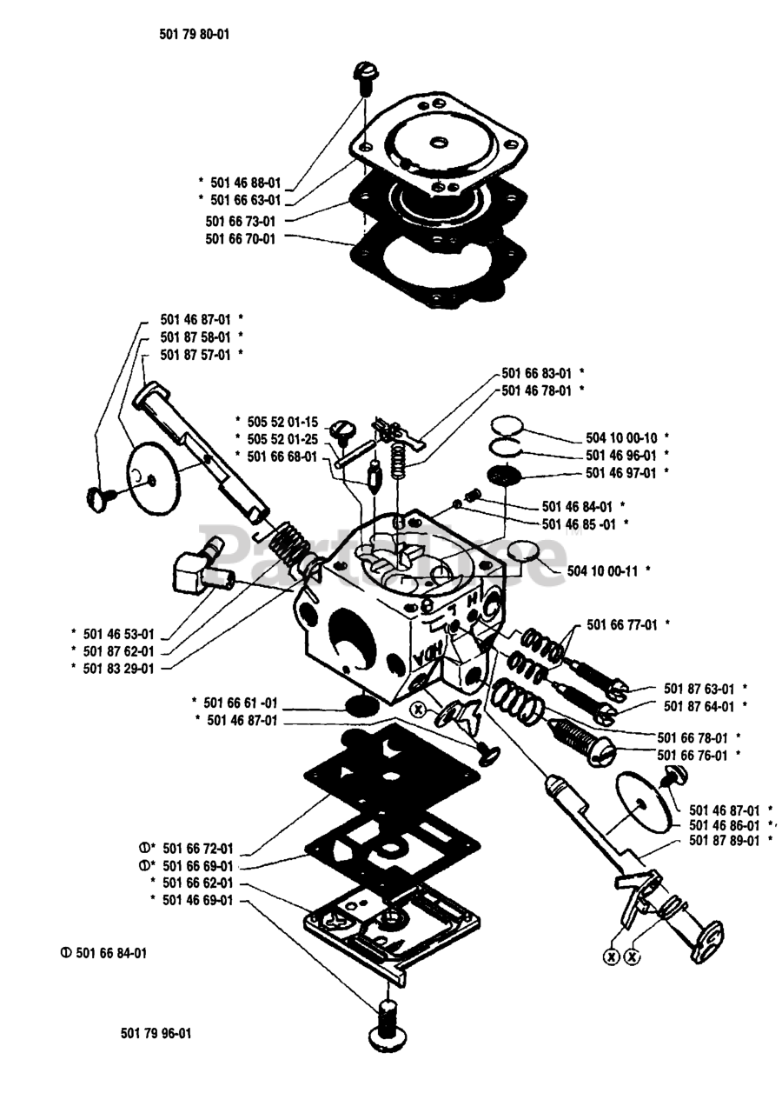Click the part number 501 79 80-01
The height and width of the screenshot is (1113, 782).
[182, 35]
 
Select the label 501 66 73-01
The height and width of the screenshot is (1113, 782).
[241, 220]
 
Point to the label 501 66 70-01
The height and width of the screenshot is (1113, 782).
[241, 237]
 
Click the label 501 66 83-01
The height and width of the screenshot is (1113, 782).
[536, 373]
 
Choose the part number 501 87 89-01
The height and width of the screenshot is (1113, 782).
[724, 841]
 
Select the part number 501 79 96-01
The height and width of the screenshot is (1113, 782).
[156, 1033]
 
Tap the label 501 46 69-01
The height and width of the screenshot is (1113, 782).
[197, 900]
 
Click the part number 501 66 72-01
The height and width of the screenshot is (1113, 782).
[197, 848]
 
